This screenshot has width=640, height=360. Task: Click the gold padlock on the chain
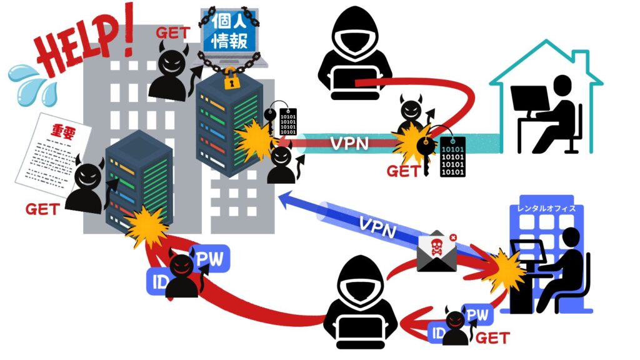pyautogui.click(x=231, y=78)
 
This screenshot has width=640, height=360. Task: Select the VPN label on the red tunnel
pyautogui.click(x=349, y=143)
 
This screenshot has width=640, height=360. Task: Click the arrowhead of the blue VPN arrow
pyautogui.click(x=284, y=198)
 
